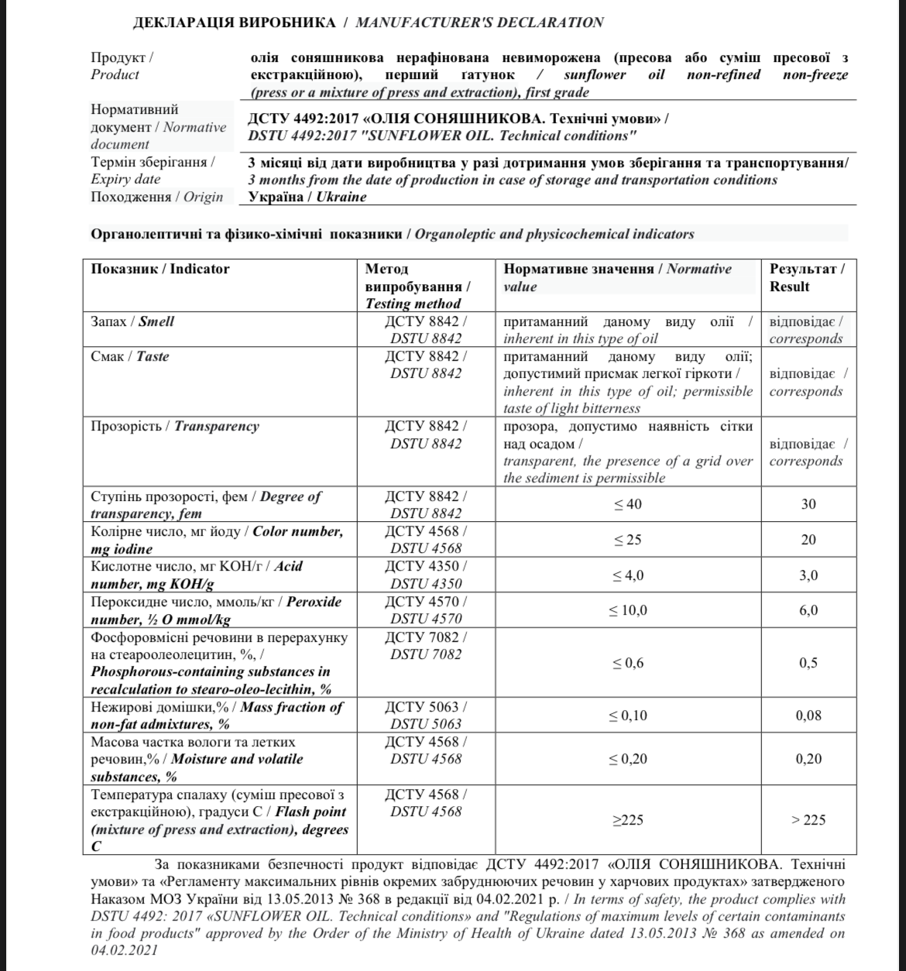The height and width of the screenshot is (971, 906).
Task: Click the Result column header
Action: [807, 278]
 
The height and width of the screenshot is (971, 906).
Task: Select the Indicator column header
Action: [160, 269]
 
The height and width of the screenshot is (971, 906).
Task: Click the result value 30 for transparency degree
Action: [808, 504]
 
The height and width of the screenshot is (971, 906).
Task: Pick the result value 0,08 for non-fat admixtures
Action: [808, 715]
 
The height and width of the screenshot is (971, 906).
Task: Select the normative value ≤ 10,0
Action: [627, 611]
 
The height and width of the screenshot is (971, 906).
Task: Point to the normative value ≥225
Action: [627, 820]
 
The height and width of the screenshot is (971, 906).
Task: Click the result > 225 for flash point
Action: [808, 820]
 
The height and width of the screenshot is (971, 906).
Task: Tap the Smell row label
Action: [132, 321]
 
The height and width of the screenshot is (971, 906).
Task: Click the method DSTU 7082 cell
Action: [426, 646]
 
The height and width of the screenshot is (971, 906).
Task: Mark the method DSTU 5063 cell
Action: [426, 715]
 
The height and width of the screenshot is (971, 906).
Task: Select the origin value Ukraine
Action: [307, 197]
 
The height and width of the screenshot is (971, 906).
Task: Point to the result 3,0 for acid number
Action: [808, 575]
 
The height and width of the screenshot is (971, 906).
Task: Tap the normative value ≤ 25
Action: [627, 540]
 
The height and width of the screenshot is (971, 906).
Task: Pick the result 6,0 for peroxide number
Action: [808, 611]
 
